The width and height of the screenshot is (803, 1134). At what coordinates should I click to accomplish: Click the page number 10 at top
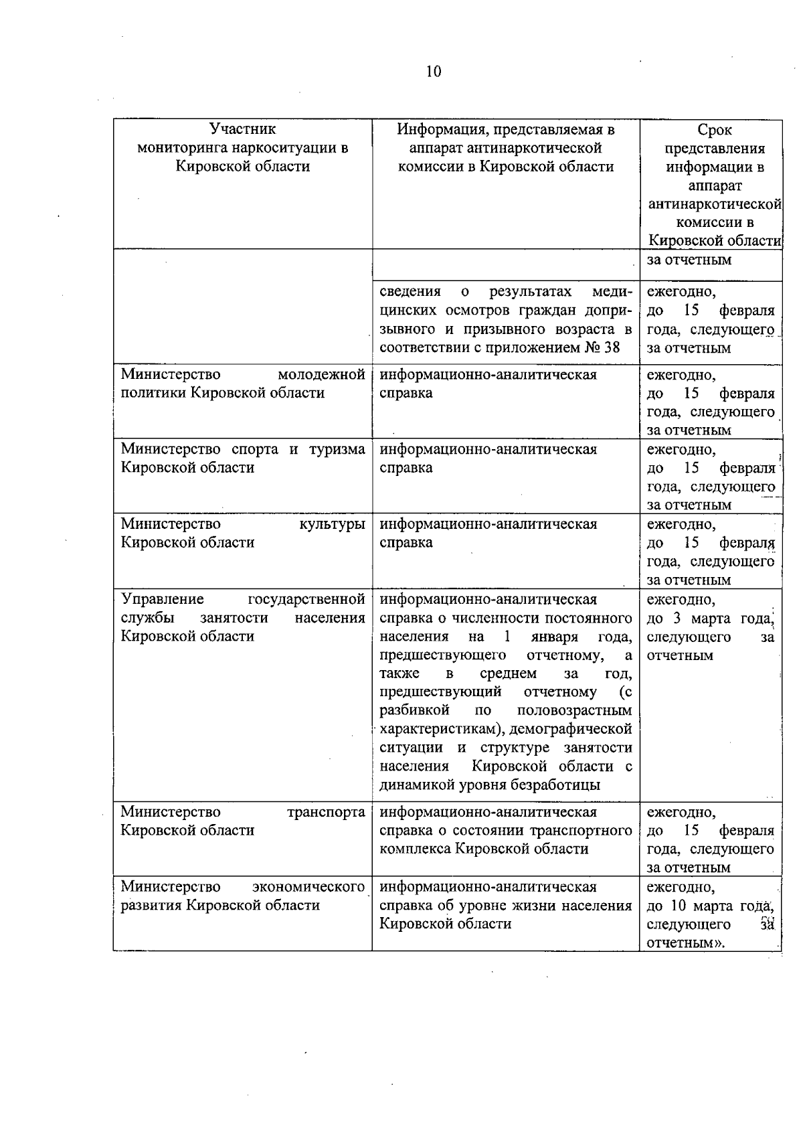pos(433,72)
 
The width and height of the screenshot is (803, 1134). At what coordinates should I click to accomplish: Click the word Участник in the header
pos(242,129)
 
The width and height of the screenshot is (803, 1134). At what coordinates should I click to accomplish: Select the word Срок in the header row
pos(714,130)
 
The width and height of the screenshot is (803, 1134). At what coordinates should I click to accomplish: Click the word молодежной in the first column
pos(321,374)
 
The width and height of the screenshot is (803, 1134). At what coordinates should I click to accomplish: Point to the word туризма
pos(337,449)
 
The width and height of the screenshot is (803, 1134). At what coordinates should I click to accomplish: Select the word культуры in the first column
pos(332,524)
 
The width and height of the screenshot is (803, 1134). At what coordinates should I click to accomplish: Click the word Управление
pos(163,599)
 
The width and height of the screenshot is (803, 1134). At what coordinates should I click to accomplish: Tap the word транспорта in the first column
pos(326,812)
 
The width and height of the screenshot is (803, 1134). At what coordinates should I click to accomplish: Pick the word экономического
pos(308,887)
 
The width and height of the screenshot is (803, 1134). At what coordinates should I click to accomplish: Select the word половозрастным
pos(574,710)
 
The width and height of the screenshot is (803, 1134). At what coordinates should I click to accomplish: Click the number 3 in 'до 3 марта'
pos(677,619)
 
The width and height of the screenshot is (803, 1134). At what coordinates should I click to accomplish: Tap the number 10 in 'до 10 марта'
pos(678,906)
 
